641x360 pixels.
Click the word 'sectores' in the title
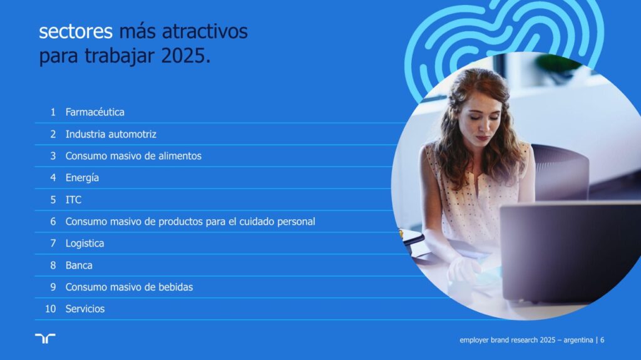(x=76, y=31)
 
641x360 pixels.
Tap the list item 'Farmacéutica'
(x=95, y=112)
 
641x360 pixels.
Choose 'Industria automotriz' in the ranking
(x=111, y=134)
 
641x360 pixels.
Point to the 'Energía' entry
(x=82, y=178)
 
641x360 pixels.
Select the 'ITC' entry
(x=74, y=200)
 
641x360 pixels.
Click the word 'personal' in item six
(x=296, y=222)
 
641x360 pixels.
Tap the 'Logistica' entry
(x=85, y=244)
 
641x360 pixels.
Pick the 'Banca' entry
(x=79, y=265)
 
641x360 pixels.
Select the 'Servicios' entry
(x=85, y=309)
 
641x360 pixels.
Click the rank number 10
(x=50, y=309)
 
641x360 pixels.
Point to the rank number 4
(x=53, y=178)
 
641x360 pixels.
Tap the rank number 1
(x=53, y=112)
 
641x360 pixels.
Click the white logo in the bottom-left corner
(x=45, y=338)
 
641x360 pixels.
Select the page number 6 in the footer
(x=602, y=340)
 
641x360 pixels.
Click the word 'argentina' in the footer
(x=578, y=340)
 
